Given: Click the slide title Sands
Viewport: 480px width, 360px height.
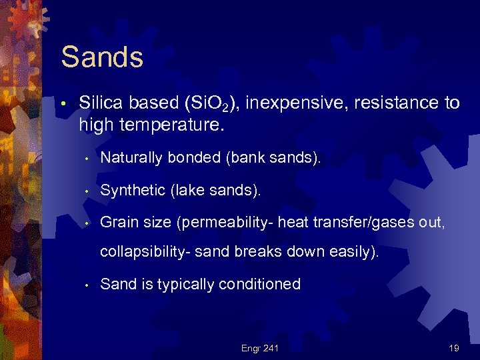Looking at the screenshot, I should tap(102, 57).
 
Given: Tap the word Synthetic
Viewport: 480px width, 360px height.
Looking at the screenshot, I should tap(133, 191).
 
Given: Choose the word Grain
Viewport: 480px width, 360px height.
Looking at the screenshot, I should tap(119, 223).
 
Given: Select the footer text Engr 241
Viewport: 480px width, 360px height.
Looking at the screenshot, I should tap(259, 347).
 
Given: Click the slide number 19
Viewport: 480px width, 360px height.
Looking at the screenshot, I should tap(453, 347).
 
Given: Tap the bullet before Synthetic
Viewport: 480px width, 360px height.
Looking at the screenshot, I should tap(87, 191).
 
